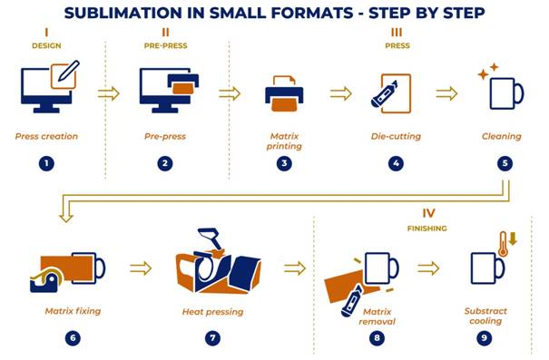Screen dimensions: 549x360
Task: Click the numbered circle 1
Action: [x=46, y=163]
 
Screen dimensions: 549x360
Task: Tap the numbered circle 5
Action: [x=505, y=163]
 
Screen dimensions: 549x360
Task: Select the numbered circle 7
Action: [x=212, y=338]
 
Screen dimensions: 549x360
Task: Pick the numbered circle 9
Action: [x=485, y=338]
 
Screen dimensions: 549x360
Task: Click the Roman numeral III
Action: [x=397, y=33]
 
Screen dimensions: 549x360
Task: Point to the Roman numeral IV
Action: [x=428, y=213]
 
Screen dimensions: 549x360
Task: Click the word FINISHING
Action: [x=427, y=229]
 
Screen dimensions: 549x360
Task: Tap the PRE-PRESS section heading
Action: [x=166, y=46]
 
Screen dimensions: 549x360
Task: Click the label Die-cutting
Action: [x=396, y=136]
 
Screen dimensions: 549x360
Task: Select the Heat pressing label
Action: [x=212, y=312]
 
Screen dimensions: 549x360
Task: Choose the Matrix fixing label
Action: [x=73, y=311]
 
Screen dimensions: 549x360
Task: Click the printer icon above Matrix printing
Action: [x=284, y=93]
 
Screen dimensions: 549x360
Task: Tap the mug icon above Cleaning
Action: [x=506, y=93]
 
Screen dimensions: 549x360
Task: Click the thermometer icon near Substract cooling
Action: [x=503, y=244]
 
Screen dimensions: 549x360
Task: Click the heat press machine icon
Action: [x=218, y=261]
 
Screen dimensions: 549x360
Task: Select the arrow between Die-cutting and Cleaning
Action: [x=446, y=93]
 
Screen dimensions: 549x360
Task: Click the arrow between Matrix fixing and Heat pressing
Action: [x=141, y=268]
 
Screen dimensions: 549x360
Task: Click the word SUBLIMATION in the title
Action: [x=123, y=14]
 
